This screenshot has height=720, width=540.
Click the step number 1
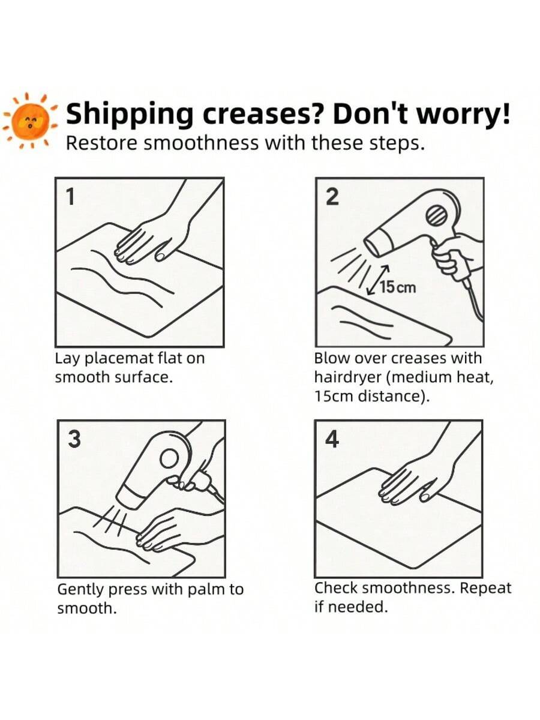(x=70, y=197)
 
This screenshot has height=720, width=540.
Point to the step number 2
(x=331, y=197)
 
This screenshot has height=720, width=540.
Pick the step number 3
(x=73, y=439)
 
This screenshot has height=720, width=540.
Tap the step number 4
(x=331, y=440)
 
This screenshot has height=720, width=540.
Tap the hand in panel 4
(x=414, y=480)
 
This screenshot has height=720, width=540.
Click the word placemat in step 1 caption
(x=115, y=359)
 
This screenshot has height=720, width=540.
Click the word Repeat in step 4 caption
(x=485, y=588)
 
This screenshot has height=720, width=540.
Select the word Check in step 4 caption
(x=336, y=588)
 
